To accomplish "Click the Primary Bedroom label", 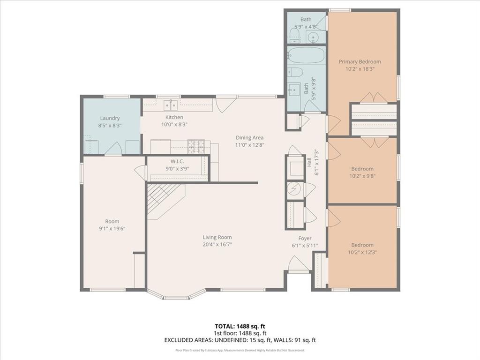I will pos(360,61).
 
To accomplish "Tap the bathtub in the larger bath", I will pos(306,55).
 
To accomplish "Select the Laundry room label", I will pos(110,118).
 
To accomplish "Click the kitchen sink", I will pos(170,103).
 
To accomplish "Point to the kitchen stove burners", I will pos(196,146).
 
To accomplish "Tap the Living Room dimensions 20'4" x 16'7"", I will pos(217,244).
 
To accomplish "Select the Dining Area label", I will pos(249,138).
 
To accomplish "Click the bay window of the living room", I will pos(176,296).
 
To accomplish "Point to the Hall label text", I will pos(309,162).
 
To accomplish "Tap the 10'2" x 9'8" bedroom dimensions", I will pos(362,176).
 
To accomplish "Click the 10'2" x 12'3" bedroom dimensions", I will pos(362,252).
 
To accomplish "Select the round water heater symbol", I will pos(295,189).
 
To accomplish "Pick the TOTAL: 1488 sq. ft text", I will pos(240,326).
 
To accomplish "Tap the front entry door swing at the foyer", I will pos(298,263).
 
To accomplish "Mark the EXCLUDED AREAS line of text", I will pos(240,340).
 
